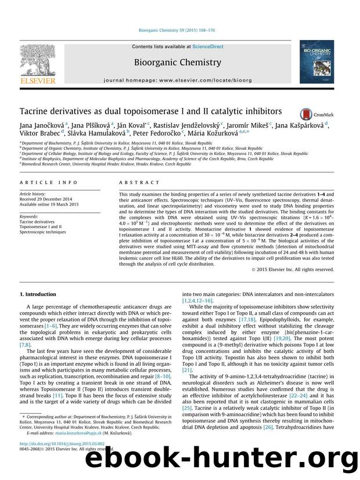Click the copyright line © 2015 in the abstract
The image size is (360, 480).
click(x=303, y=269)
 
